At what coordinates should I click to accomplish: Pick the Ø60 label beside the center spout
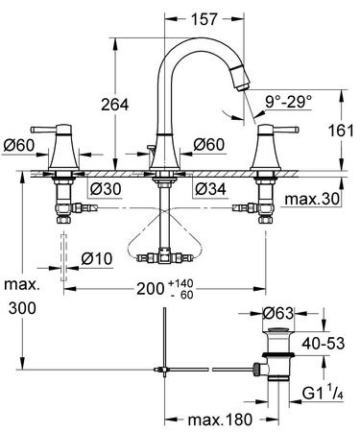[x=208, y=145]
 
